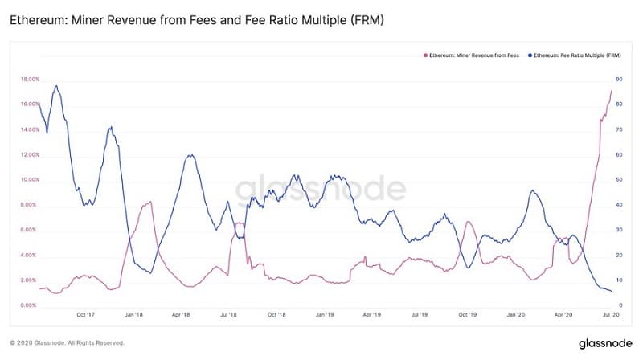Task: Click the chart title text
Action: pyautogui.click(x=196, y=18)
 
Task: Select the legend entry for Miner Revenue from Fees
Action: pyautogui.click(x=471, y=55)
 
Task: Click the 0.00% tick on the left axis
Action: pyautogui.click(x=28, y=306)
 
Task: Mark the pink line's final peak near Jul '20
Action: pyautogui.click(x=611, y=91)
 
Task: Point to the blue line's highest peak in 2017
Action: pyautogui.click(x=55, y=85)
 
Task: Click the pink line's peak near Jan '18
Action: pyautogui.click(x=149, y=202)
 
